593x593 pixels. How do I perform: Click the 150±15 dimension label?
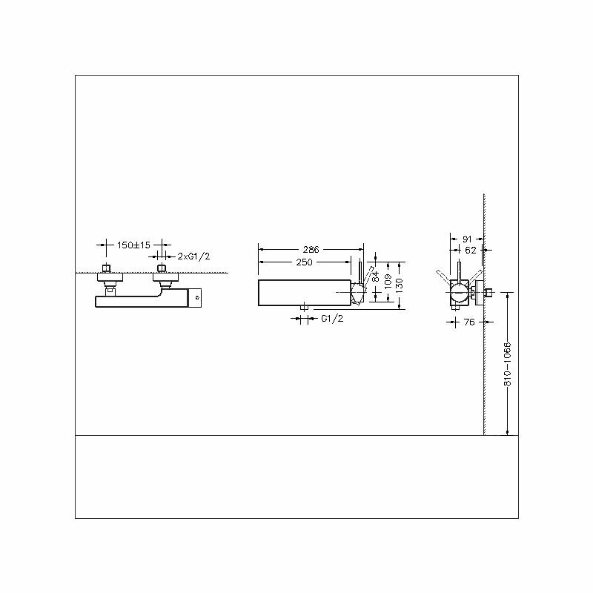coord(133,245)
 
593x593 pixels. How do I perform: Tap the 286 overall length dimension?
coord(310,250)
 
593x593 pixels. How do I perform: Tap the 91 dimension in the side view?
coord(468,239)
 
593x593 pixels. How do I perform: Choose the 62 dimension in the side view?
coord(471,250)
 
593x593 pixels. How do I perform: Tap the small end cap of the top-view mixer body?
coord(197,299)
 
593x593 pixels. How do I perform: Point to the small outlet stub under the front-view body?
coord(305,306)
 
